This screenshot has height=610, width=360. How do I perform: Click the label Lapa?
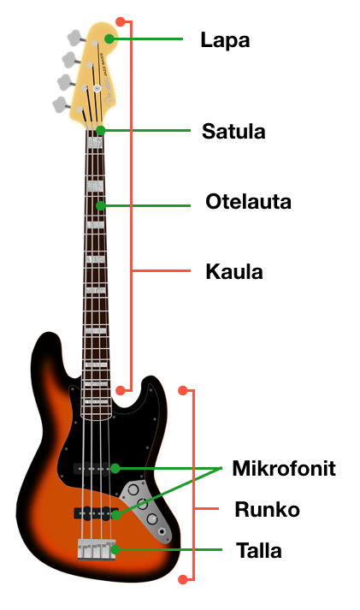225,40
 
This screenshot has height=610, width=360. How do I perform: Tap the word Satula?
233,131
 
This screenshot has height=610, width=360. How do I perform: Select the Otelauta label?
249,202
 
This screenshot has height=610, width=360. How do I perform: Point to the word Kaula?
234,271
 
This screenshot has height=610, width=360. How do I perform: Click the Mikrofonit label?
284,468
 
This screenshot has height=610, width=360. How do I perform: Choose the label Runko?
267,509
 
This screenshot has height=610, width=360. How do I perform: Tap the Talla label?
259,550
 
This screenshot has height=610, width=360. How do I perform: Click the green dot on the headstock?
109,38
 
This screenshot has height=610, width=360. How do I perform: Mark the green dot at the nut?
101,130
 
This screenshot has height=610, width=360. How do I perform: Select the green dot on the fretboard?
101,205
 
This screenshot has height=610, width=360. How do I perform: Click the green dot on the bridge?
115,550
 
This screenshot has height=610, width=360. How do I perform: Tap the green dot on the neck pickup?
115,468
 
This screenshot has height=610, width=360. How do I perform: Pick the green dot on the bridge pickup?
115,515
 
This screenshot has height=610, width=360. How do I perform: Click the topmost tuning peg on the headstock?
75,38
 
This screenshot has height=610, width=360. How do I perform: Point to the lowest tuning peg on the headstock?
62,104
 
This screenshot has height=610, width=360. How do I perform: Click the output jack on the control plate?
162,531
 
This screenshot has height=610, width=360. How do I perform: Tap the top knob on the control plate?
133,489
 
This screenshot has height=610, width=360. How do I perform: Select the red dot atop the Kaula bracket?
121,21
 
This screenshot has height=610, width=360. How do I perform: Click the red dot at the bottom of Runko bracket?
183,580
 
